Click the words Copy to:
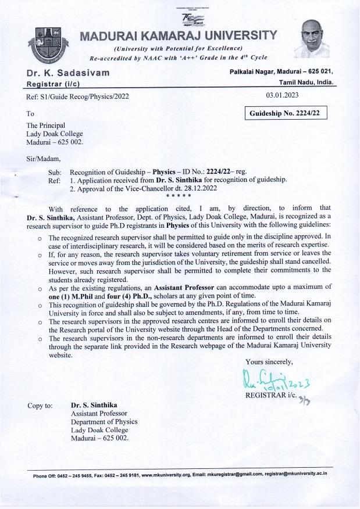(x=41, y=405)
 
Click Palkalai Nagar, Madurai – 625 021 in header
(x=281, y=70)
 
